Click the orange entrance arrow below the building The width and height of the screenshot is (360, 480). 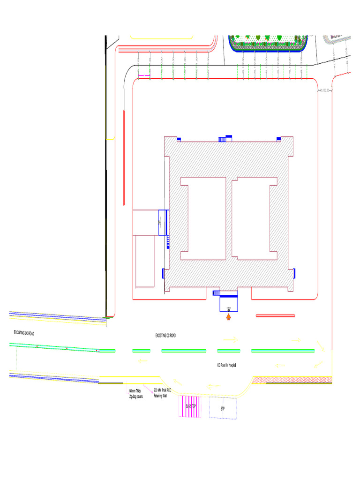[229, 317]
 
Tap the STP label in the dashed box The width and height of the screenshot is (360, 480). [223, 409]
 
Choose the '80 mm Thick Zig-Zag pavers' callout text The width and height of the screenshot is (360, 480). [136, 393]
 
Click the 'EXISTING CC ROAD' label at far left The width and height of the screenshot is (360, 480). [23, 332]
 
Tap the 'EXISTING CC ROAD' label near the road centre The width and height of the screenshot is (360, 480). [165, 336]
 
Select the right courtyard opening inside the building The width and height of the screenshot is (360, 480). [255, 218]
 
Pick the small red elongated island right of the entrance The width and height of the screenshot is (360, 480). [275, 316]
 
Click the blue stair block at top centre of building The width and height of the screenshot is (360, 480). [225, 138]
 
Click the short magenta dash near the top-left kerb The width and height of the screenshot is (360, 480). [144, 75]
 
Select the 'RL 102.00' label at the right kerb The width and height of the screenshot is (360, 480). [325, 90]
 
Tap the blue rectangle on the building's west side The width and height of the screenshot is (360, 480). [163, 222]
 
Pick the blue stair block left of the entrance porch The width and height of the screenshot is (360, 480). [217, 293]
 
